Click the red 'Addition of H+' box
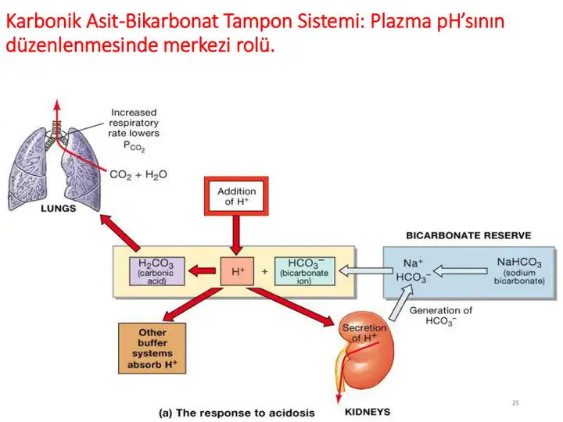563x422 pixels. click(236, 196)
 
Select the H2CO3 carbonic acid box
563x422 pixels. click(157, 271)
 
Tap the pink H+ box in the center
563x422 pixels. click(237, 271)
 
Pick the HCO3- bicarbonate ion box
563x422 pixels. click(304, 271)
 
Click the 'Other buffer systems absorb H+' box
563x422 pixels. click(152, 349)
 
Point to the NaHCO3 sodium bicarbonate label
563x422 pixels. click(519, 271)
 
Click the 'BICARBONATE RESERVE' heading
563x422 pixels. click(468, 235)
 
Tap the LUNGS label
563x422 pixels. click(59, 209)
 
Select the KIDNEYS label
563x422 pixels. click(368, 412)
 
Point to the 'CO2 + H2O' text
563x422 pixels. click(138, 175)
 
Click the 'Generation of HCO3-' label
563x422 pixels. click(441, 316)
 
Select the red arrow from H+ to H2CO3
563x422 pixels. click(202, 271)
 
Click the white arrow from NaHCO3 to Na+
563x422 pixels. click(460, 271)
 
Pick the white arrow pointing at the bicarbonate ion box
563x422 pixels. click(365, 271)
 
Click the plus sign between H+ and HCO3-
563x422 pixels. click(264, 271)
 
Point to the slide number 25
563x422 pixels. click(515, 403)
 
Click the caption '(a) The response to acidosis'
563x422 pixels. click(237, 413)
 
